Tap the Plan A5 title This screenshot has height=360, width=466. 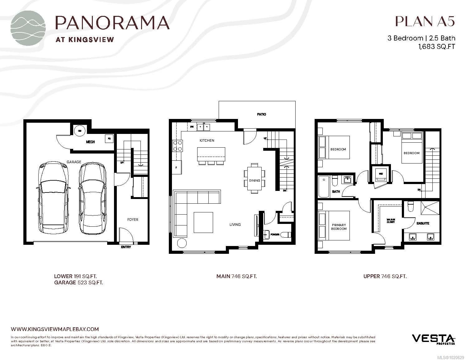[x=425, y=21]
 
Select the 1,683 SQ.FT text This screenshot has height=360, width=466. [x=435, y=47]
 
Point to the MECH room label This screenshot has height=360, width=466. [x=90, y=142]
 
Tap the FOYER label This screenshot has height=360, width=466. [x=133, y=220]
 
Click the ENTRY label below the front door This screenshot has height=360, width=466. [x=126, y=247]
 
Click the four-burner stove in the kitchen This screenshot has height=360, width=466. [x=178, y=145]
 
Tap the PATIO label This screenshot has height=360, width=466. [x=261, y=114]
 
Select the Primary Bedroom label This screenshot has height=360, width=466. [x=339, y=227]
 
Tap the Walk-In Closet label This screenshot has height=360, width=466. [x=391, y=221]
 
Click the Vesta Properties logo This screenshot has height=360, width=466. [x=434, y=339]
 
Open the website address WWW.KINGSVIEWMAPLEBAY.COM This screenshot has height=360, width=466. [x=55, y=329]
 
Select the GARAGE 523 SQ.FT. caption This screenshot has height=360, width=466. [x=78, y=282]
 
